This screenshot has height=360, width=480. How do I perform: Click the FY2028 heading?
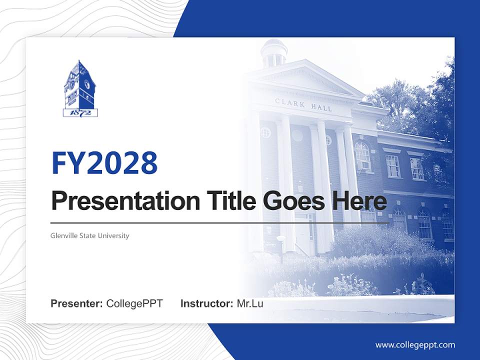pyautogui.click(x=104, y=163)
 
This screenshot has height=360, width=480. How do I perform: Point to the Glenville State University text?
pyautogui.click(x=90, y=235)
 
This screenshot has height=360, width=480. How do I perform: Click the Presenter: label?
pyautogui.click(x=77, y=303)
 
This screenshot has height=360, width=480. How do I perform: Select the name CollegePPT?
pyautogui.click(x=134, y=303)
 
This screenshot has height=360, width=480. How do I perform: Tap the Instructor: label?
pyautogui.click(x=206, y=303)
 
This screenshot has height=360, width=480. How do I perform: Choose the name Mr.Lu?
pyautogui.click(x=250, y=303)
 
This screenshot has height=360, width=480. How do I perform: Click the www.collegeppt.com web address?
pyautogui.click(x=415, y=345)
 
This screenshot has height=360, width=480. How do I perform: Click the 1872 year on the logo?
pyautogui.click(x=80, y=112)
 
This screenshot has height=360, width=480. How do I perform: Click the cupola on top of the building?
pyautogui.click(x=274, y=52)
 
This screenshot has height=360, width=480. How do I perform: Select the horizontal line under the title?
pyautogui.click(x=220, y=222)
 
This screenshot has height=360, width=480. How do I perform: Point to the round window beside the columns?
pyautogui.click(x=265, y=132)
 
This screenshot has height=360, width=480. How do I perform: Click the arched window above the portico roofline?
pyautogui.click(x=362, y=155)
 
